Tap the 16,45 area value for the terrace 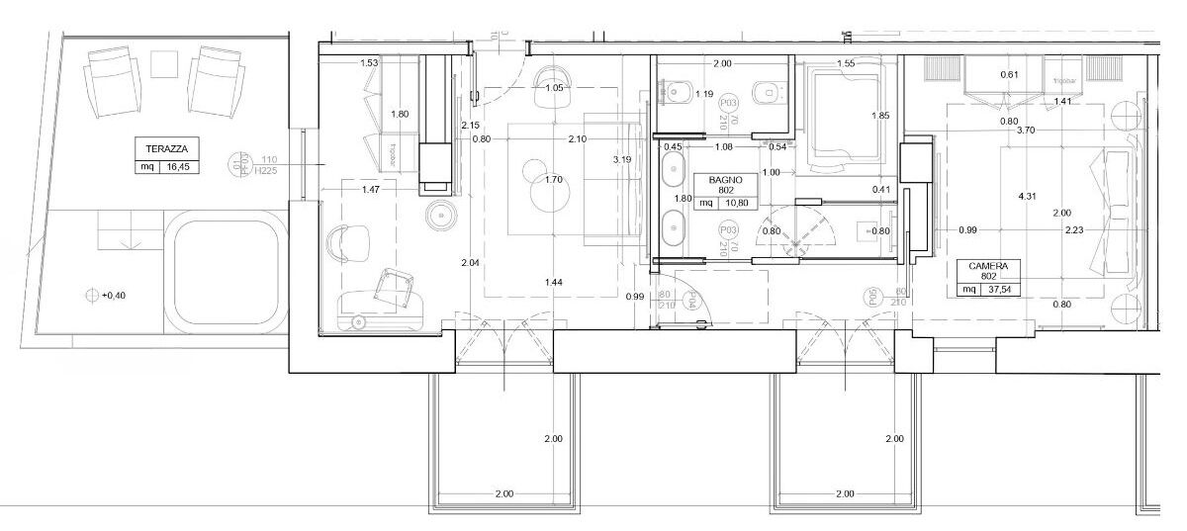point(178,167)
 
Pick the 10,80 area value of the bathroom point(735,203)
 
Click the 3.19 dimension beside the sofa point(621,159)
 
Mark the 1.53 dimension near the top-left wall point(369,63)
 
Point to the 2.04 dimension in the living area point(471,263)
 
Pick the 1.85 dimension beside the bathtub point(880,116)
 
